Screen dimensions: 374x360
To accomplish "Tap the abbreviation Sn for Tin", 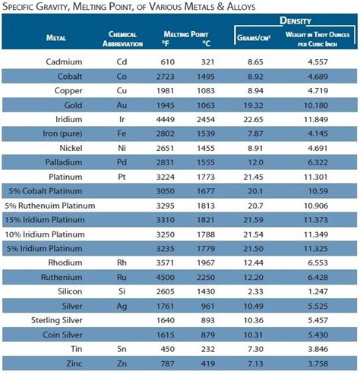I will (122, 347).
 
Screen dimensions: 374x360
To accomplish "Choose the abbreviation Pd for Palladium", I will (122, 162).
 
